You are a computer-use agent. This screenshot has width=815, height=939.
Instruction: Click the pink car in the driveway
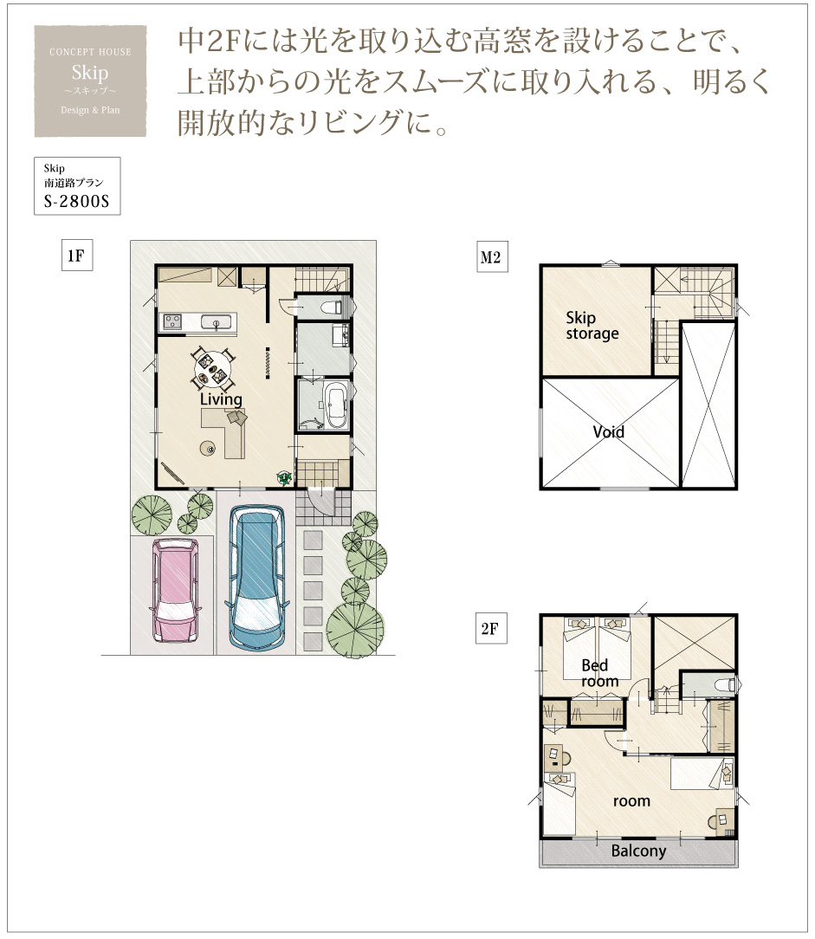point(176,589)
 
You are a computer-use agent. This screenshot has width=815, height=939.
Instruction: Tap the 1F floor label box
point(76,256)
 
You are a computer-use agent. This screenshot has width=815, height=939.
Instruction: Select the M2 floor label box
point(492,257)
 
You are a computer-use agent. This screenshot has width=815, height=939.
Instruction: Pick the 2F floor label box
point(491,628)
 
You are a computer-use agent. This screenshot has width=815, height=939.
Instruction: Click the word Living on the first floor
point(221,399)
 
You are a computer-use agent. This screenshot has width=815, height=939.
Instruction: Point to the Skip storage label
point(592,325)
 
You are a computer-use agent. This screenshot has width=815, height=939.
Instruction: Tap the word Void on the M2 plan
point(608,431)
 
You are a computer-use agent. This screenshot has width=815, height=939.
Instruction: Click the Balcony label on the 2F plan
point(638,851)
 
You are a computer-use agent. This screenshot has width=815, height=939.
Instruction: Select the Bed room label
point(599,673)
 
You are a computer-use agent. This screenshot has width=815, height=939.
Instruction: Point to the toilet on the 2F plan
point(726,684)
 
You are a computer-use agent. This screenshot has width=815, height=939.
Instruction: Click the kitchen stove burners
point(172,321)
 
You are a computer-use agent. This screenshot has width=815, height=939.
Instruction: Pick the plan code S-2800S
point(76,201)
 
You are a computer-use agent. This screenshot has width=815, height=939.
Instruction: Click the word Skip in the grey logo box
point(90,73)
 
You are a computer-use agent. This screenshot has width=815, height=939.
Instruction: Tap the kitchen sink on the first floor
point(215,322)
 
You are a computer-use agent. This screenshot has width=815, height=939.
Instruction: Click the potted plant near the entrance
point(284,477)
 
